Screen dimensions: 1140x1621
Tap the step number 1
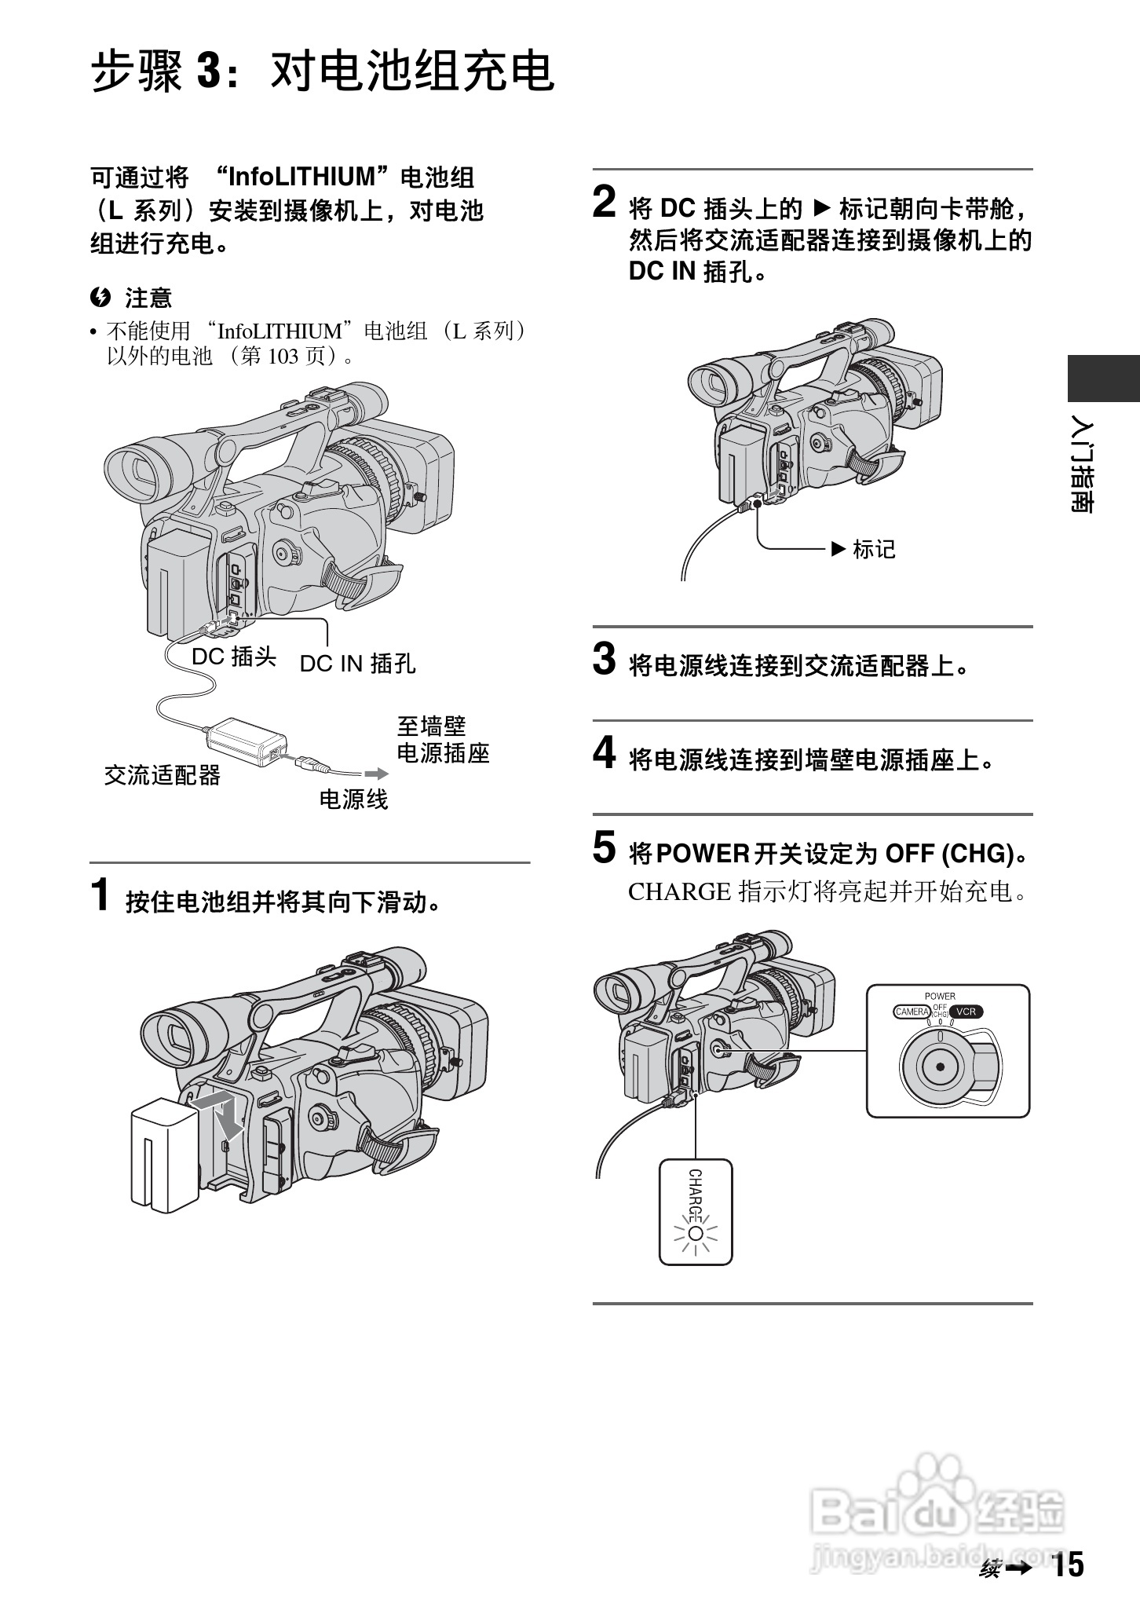point(100,896)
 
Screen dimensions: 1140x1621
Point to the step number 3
point(604,659)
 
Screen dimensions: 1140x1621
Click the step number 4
point(604,753)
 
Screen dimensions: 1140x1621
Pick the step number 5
point(604,847)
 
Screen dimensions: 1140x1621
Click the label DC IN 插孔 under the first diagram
point(357,664)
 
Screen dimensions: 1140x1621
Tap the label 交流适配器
point(163,776)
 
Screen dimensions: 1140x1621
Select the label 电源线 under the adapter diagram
point(353,800)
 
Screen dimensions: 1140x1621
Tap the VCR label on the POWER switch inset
point(966,1012)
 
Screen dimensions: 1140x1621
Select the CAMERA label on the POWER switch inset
point(912,1012)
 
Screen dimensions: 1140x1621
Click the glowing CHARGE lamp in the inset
point(695,1232)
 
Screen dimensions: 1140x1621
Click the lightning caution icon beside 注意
point(100,298)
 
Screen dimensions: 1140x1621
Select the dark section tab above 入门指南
point(1103,379)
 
